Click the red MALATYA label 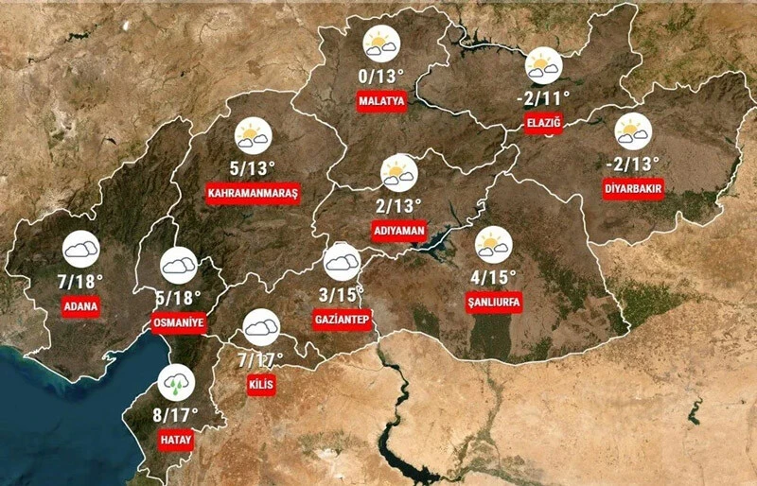point(381,101)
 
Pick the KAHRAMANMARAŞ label point(252,194)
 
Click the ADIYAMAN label point(399,231)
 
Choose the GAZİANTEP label point(341,320)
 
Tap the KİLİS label point(259,385)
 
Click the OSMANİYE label point(178,322)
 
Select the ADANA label point(80,307)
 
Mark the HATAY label point(175,440)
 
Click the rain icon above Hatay point(176,383)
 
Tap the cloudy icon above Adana point(80,249)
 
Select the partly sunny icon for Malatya point(381,43)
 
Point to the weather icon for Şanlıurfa point(493,246)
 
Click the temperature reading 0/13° point(381,76)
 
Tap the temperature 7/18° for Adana point(79,281)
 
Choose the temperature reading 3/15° point(341,294)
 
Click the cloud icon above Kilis point(260,329)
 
